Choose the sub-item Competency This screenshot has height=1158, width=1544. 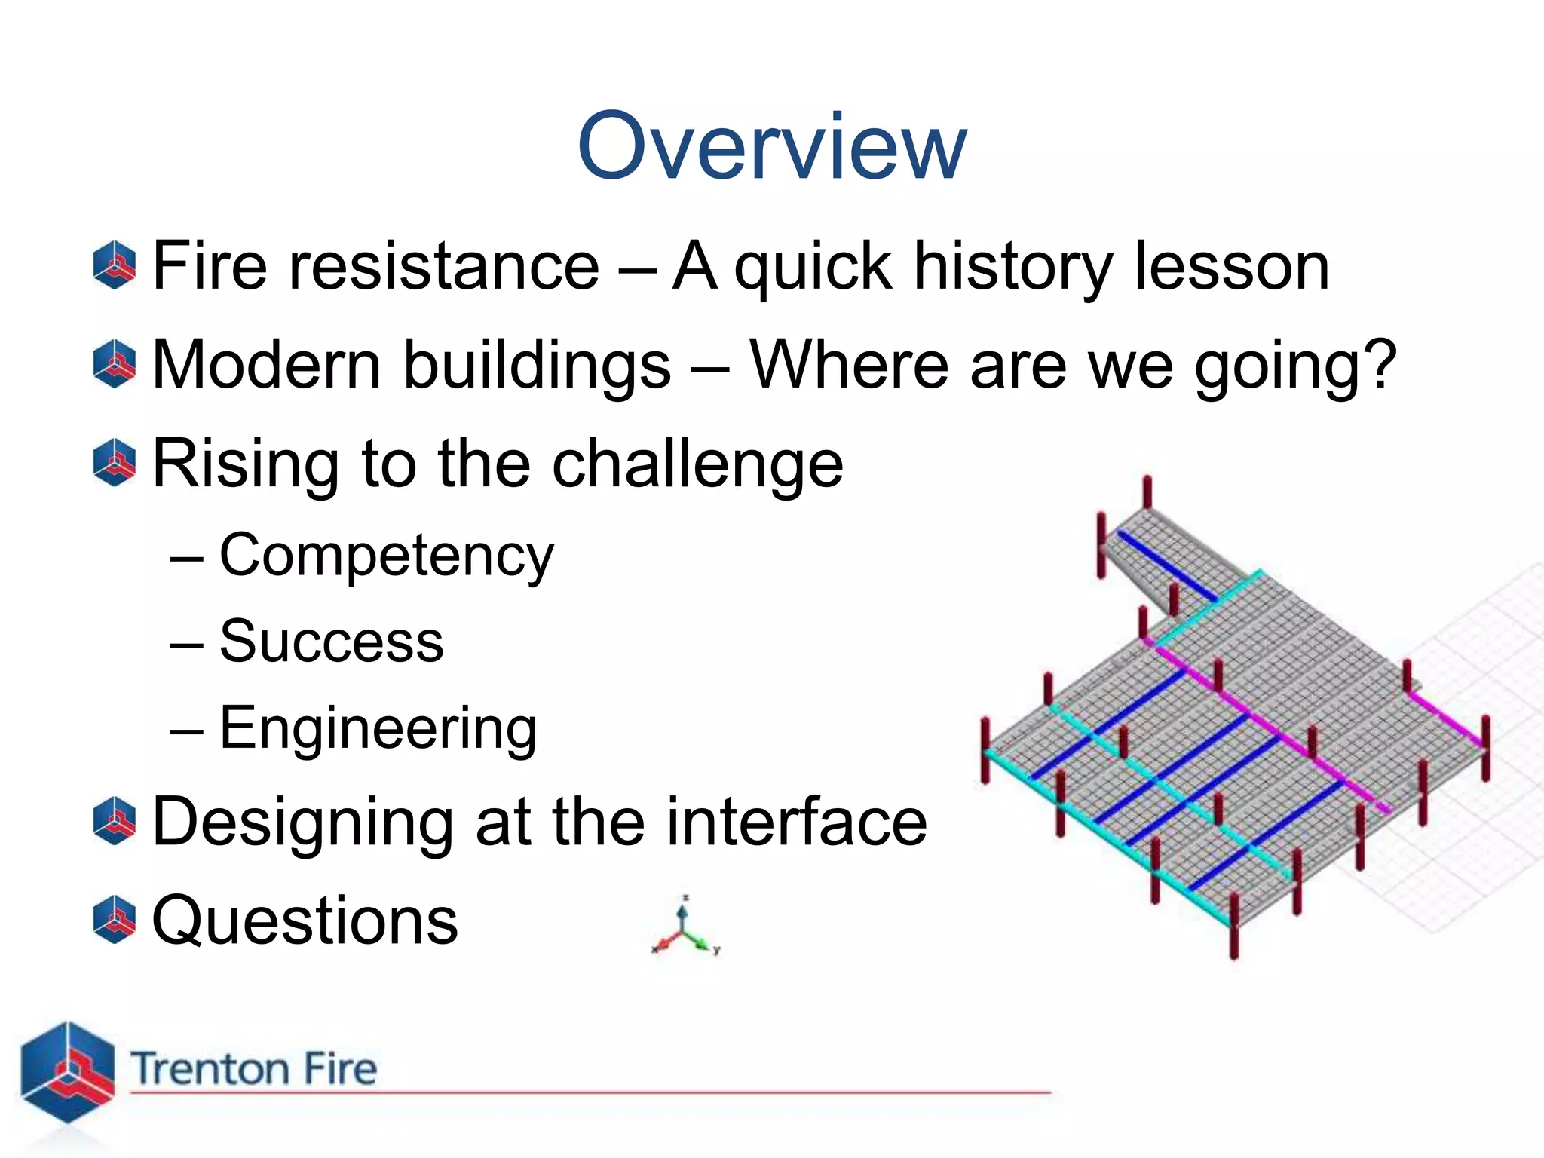point(386,556)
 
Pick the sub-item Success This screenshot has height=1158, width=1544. point(331,642)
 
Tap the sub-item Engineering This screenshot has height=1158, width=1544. point(378,729)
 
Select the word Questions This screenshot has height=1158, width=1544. point(305,921)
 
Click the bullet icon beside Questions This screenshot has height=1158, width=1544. point(115,920)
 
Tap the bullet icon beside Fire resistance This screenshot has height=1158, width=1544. point(115,265)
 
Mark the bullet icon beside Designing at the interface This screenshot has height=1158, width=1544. point(115,821)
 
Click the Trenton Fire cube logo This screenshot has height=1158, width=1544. point(67,1071)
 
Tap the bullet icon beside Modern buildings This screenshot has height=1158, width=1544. point(115,364)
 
